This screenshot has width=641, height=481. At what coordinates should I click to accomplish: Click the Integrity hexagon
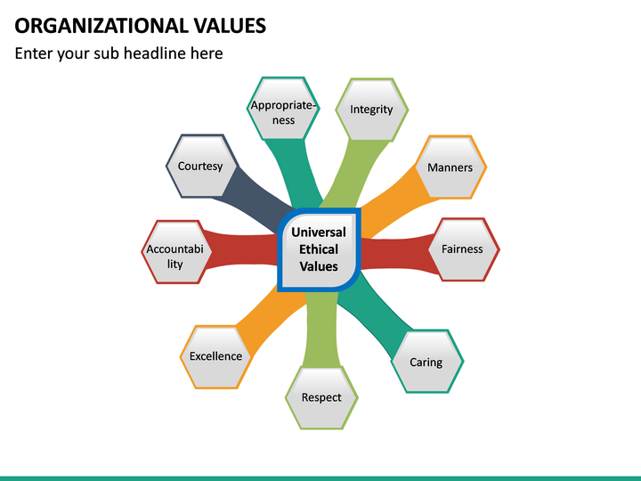371,110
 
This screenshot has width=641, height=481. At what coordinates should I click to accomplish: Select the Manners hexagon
450,167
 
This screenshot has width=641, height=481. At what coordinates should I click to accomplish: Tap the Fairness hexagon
462,249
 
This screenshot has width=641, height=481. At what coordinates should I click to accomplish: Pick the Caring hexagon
426,362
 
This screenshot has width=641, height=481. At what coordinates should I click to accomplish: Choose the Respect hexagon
321,397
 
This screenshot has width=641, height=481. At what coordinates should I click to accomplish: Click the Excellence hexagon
215,356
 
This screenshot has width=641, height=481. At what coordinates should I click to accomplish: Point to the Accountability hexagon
175,251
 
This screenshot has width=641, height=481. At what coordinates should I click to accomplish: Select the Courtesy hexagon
200,167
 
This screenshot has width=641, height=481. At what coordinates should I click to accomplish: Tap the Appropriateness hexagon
283,110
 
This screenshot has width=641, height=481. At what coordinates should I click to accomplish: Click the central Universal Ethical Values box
319,249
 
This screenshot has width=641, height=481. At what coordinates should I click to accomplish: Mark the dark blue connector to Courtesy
254,197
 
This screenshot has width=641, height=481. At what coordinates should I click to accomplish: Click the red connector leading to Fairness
396,251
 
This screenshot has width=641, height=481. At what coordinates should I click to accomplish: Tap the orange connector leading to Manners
387,198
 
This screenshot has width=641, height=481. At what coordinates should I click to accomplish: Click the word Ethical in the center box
319,249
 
